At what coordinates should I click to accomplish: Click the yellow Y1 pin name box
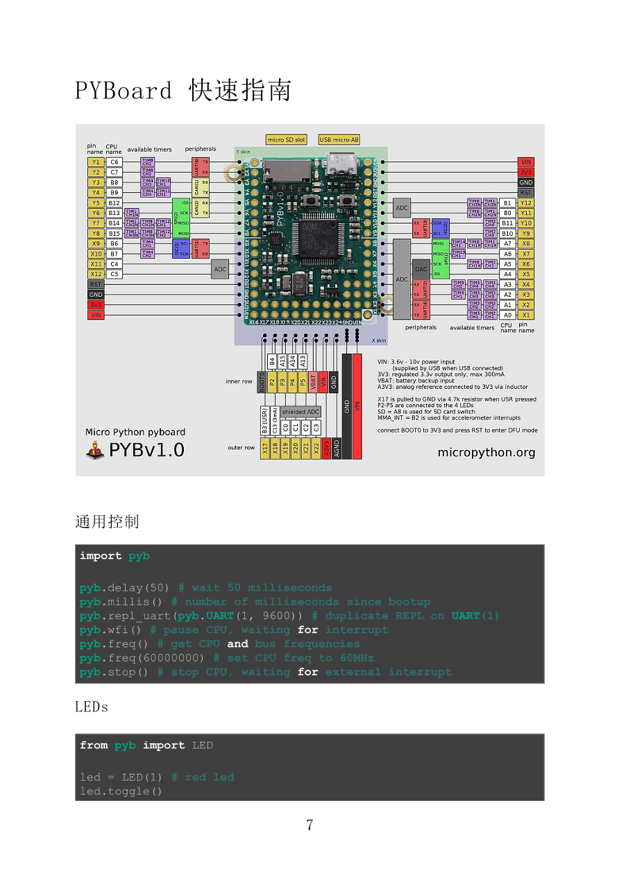[95, 162]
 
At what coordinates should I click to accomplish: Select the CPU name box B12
[115, 202]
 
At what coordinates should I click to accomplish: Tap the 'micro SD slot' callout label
[287, 139]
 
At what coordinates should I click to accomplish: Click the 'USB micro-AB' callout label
[339, 139]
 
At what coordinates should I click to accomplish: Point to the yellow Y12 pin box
[526, 202]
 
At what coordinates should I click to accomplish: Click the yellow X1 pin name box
[526, 315]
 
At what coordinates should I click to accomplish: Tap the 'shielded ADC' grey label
[301, 412]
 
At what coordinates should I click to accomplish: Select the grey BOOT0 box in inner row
[262, 383]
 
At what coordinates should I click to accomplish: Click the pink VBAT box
[313, 381]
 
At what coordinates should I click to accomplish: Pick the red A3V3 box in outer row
[326, 449]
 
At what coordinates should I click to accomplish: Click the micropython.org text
[486, 453]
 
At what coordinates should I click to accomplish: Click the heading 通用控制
[107, 521]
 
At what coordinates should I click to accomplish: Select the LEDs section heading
[92, 707]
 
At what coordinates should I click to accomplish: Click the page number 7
[309, 825]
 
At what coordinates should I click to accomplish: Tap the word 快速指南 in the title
[240, 91]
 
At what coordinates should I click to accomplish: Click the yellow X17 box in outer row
[264, 449]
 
